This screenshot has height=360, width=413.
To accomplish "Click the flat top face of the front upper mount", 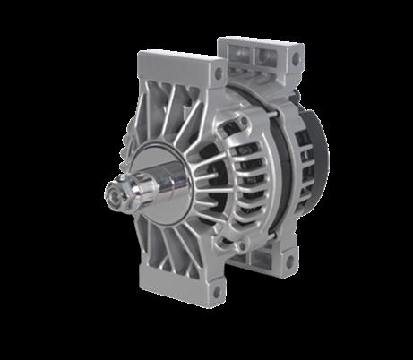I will (178, 62).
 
